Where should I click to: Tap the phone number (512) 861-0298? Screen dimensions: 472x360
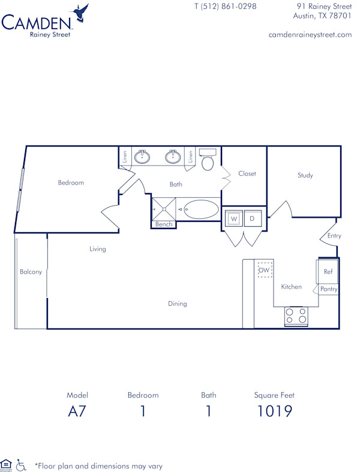(225, 7)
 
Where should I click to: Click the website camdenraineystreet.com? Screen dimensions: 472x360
(310, 35)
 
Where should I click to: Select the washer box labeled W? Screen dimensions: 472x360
(234, 219)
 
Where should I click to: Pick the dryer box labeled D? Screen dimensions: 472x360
(252, 219)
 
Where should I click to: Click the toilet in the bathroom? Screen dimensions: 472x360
(208, 161)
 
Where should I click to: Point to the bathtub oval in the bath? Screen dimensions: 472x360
(201, 210)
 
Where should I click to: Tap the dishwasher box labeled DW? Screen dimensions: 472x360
(265, 270)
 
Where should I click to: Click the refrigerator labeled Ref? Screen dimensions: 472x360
(328, 272)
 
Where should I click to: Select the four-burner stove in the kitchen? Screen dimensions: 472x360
(296, 316)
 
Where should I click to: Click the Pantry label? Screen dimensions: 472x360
(329, 289)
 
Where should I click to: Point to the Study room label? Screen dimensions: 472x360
(305, 176)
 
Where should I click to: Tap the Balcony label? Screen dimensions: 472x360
(31, 272)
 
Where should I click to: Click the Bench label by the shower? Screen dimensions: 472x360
(164, 224)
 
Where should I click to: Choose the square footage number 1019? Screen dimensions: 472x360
(274, 411)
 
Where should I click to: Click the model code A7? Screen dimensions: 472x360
(77, 411)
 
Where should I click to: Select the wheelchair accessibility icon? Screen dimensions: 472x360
(21, 464)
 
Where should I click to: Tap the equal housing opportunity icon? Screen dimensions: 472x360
(7, 464)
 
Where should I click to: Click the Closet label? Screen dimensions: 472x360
(247, 174)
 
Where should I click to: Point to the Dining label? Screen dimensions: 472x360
(178, 303)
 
